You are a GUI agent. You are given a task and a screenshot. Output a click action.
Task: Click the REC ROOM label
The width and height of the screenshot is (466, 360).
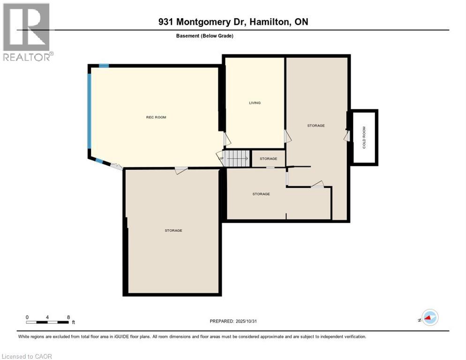pyautogui.click(x=156, y=117)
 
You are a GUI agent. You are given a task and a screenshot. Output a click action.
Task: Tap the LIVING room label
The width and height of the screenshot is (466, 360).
pyautogui.click(x=255, y=103)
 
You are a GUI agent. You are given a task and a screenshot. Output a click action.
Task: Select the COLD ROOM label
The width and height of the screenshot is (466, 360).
pyautogui.click(x=364, y=137)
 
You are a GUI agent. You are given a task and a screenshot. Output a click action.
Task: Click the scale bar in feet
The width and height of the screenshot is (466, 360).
pyautogui.click(x=48, y=322)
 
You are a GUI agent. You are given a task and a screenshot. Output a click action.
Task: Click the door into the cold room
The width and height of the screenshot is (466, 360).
pyautogui.click(x=347, y=135)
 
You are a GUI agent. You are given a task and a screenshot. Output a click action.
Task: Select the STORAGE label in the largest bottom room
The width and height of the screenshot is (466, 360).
pyautogui.click(x=173, y=230)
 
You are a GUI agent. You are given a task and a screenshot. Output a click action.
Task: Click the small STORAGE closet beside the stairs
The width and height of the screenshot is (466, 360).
pyautogui.click(x=268, y=159)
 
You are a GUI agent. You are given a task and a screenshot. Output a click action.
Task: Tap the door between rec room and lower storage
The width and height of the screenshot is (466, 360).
pyautogui.click(x=181, y=170)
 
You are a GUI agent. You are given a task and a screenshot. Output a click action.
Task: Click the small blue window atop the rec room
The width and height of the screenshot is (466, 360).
pyautogui.click(x=104, y=66)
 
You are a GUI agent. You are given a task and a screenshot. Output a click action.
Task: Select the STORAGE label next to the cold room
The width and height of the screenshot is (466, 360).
pyautogui.click(x=316, y=126)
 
